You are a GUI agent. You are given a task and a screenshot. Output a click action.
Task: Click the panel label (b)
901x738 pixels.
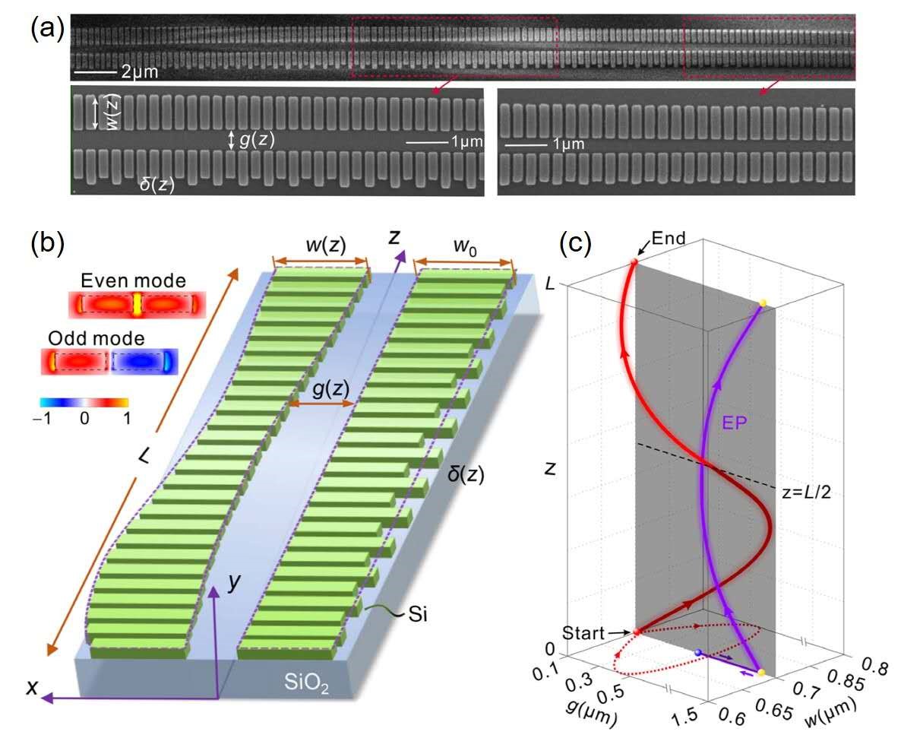[45, 245]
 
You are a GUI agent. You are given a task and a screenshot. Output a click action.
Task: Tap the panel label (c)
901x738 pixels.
[575, 245]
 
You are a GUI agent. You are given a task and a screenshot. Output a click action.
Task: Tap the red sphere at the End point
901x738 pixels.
[634, 263]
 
